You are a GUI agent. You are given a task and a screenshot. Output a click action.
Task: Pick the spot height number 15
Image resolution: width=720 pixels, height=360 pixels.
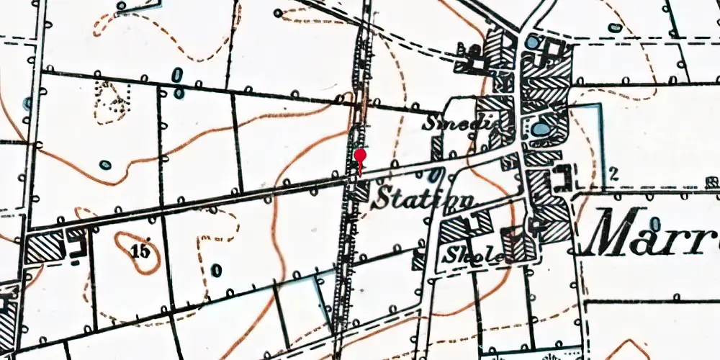click(141, 251)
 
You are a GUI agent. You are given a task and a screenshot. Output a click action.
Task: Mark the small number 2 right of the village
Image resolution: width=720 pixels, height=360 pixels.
click(613, 172)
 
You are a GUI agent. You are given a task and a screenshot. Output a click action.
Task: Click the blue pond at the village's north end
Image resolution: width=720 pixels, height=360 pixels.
click(531, 43)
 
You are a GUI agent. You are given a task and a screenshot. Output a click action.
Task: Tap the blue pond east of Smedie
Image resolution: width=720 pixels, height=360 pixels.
click(541, 130)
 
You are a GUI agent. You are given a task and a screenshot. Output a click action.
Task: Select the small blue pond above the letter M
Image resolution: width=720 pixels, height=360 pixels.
click(614, 28)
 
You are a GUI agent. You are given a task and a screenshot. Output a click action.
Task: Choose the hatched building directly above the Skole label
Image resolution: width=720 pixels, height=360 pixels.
click(455, 230)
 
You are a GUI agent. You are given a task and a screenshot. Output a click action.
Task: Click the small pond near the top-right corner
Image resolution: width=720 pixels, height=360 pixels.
click(614, 28)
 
